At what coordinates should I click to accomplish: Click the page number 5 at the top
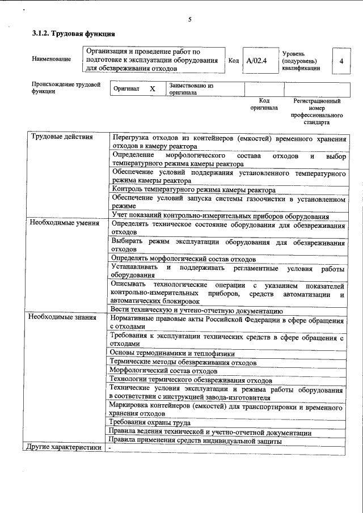(x=190, y=19)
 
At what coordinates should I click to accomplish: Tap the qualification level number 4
(x=340, y=60)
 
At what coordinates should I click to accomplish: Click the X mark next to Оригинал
(x=152, y=89)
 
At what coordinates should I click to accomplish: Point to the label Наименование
(x=52, y=59)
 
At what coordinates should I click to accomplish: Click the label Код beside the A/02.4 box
(x=233, y=60)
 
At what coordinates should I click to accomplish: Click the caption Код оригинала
(x=264, y=104)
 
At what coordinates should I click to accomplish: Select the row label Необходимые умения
(x=64, y=223)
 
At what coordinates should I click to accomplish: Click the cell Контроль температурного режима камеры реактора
(x=194, y=190)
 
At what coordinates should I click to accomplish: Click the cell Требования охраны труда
(x=150, y=422)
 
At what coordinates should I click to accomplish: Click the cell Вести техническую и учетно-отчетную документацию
(x=195, y=311)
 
